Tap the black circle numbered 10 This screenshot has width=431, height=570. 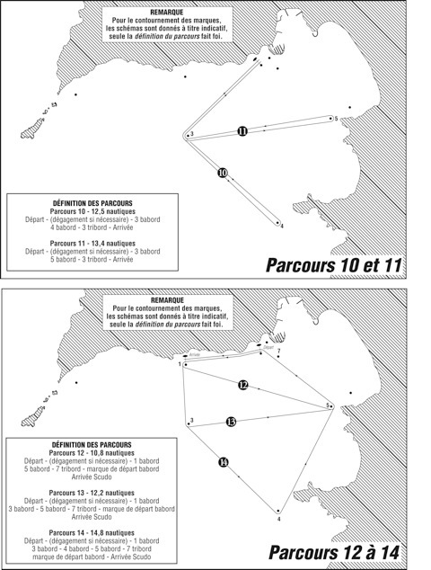point(223,172)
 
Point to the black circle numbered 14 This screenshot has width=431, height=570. point(224,462)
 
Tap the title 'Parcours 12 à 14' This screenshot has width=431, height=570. point(333,549)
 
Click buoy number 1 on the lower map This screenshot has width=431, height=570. point(183,364)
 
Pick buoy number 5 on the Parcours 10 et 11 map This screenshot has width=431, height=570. point(331,117)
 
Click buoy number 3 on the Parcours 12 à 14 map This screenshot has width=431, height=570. point(186,423)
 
